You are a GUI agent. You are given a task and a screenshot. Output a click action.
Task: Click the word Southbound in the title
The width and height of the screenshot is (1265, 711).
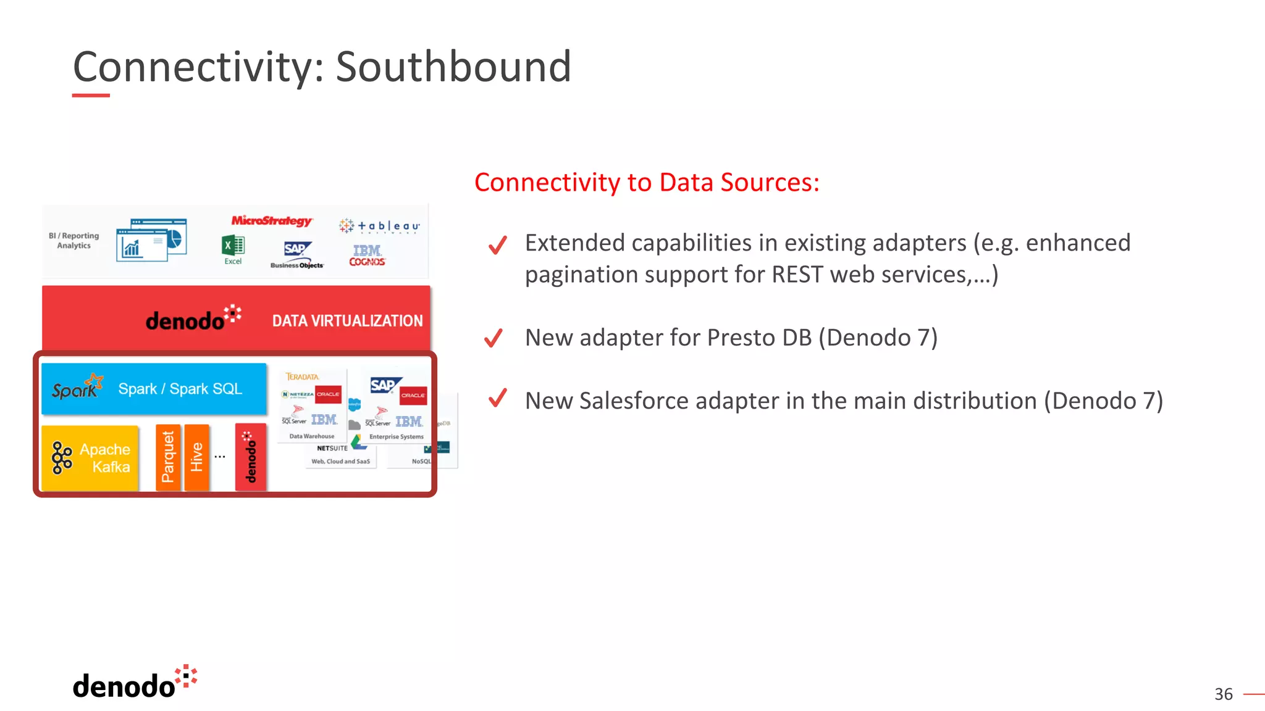(453, 67)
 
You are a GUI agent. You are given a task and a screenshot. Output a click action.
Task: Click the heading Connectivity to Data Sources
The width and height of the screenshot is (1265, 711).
(646, 183)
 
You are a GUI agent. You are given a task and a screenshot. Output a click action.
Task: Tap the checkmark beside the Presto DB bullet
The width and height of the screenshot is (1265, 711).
(494, 338)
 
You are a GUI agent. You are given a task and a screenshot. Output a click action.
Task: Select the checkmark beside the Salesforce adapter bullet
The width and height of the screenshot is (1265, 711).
(497, 399)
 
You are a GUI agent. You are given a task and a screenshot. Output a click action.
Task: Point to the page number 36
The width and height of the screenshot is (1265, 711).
(1223, 694)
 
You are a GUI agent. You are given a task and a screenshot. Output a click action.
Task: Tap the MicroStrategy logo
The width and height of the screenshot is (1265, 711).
(272, 221)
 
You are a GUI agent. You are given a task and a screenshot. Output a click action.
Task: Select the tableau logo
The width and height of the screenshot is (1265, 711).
(379, 227)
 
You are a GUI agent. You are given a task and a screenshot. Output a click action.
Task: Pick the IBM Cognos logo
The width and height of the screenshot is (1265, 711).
(367, 255)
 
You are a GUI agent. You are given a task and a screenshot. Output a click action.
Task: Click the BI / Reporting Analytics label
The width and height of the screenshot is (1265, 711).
(74, 241)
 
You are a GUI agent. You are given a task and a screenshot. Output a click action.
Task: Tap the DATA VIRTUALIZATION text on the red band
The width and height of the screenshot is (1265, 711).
(347, 321)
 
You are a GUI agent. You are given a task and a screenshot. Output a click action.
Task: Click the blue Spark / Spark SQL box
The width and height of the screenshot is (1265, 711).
(154, 389)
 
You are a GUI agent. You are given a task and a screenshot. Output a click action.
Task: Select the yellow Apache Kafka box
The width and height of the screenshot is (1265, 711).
(90, 458)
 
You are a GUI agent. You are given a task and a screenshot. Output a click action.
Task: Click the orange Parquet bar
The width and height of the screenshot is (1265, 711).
(167, 457)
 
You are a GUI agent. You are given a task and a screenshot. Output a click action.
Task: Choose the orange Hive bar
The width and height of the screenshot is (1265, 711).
(196, 457)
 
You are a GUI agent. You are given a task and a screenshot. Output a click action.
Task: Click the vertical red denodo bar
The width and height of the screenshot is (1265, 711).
(250, 457)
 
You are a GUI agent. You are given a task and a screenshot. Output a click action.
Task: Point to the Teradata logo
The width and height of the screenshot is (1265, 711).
(302, 376)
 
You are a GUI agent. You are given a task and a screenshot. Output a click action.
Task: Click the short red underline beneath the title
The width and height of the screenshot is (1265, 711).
(91, 96)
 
